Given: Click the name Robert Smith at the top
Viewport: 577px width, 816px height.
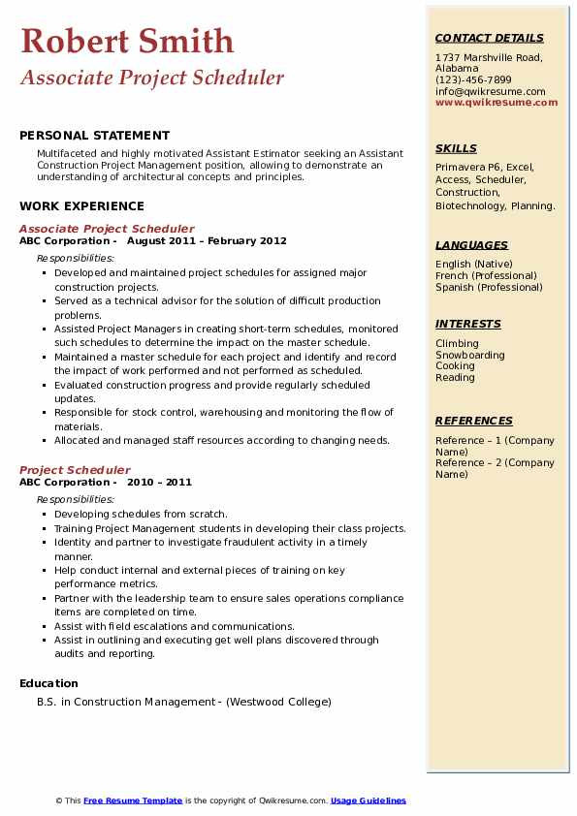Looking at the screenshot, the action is pyautogui.click(x=127, y=41).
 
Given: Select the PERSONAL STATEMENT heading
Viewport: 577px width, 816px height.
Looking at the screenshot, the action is pyautogui.click(x=94, y=136).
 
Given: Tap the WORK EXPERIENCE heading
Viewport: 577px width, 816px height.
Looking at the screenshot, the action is pyautogui.click(x=81, y=205).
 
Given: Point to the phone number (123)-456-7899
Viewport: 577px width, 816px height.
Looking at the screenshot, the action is pyautogui.click(x=473, y=80).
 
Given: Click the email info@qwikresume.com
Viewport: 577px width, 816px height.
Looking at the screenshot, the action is pyautogui.click(x=490, y=91).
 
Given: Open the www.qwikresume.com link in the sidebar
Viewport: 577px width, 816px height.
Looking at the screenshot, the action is pyautogui.click(x=497, y=102).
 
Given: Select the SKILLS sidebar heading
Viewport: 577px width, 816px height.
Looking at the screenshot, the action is pyautogui.click(x=456, y=148).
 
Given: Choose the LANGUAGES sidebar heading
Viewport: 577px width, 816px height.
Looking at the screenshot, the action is pyautogui.click(x=471, y=245).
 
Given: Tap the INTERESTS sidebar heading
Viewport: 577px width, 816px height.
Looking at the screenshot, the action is pyautogui.click(x=468, y=324).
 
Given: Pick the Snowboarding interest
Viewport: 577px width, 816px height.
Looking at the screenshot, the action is pyautogui.click(x=470, y=355).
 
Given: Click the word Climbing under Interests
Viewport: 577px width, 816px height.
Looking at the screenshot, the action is pyautogui.click(x=457, y=343).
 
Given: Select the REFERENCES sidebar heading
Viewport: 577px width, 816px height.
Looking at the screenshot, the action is pyautogui.click(x=474, y=421).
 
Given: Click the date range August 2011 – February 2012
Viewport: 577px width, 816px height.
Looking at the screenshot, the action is pyautogui.click(x=207, y=240).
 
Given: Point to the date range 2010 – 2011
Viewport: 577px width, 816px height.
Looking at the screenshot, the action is pyautogui.click(x=159, y=482).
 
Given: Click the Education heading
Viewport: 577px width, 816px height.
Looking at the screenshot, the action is pyautogui.click(x=48, y=683).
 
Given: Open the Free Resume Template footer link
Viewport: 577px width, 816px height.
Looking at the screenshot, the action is pyautogui.click(x=133, y=800).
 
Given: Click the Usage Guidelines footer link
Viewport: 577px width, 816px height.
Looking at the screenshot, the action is pyautogui.click(x=369, y=800).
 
